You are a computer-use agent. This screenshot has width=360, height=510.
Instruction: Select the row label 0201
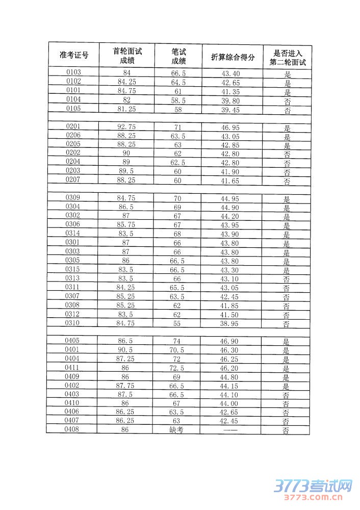pos(73,126)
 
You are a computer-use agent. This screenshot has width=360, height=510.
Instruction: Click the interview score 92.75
pos(126,126)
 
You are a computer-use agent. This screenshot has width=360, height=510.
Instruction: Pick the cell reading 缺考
pos(176,430)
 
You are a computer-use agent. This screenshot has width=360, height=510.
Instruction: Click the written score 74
pos(177,341)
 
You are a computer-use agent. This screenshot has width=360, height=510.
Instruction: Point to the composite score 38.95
pos(230,324)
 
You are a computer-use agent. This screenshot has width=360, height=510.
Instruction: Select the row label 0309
pos(73,197)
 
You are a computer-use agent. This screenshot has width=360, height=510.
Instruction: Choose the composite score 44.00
pos(230,403)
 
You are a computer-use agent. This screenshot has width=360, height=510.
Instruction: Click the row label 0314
pos(73,233)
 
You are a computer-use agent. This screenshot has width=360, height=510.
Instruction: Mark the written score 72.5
pos(177,368)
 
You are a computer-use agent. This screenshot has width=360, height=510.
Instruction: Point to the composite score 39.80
pos(230,100)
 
